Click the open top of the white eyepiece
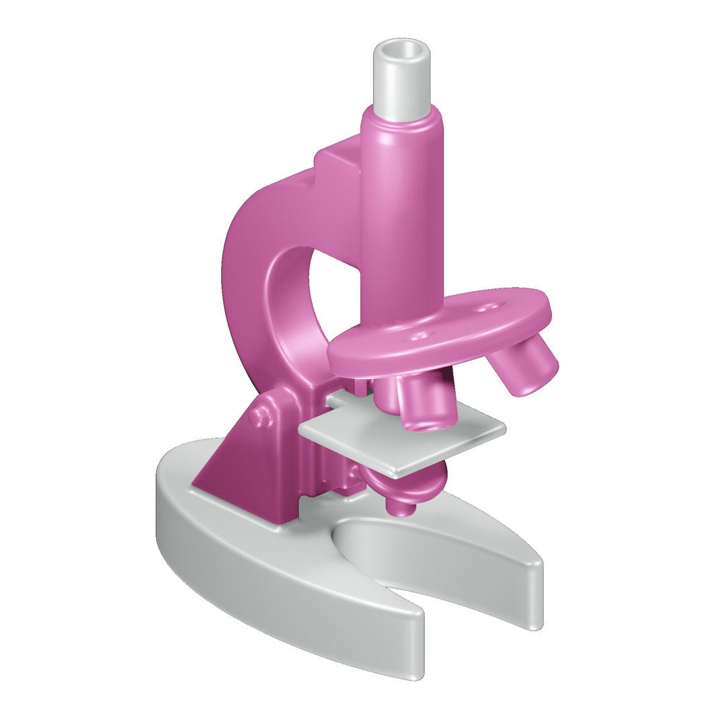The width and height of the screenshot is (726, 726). pyautogui.click(x=402, y=50)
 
